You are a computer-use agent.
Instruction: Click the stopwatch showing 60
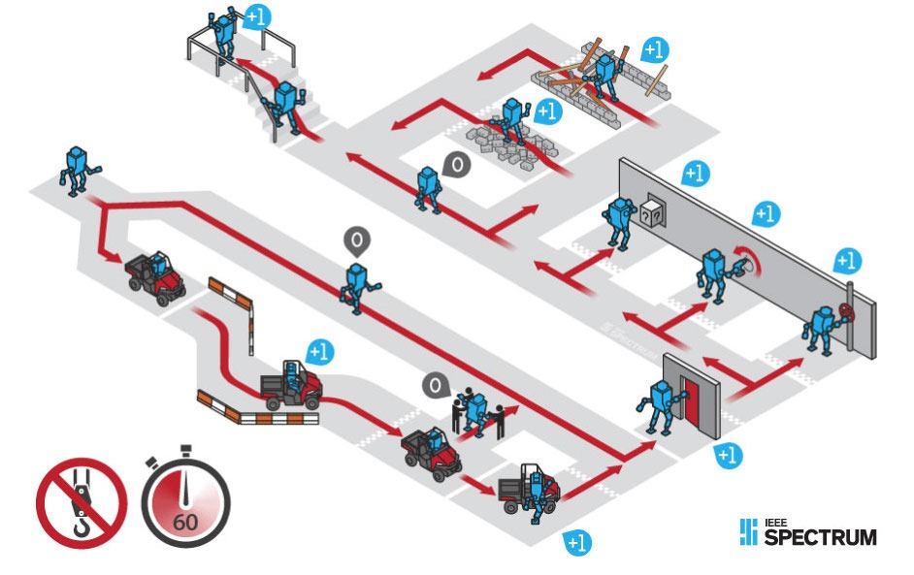186,503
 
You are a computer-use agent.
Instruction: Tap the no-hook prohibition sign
82,503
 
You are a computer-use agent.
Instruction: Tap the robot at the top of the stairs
225,34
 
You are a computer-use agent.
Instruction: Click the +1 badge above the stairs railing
257,16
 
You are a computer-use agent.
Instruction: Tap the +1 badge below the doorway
729,454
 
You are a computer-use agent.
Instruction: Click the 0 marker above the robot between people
437,386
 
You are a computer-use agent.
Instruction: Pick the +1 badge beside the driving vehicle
318,350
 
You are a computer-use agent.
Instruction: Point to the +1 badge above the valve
847,260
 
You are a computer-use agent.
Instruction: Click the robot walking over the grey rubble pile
511,120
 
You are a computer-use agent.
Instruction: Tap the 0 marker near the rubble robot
456,165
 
